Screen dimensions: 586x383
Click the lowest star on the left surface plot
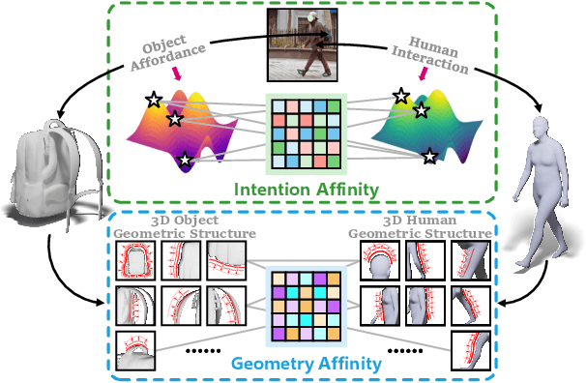pyautogui.click(x=184, y=158)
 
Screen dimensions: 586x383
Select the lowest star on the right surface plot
pyautogui.click(x=429, y=155)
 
